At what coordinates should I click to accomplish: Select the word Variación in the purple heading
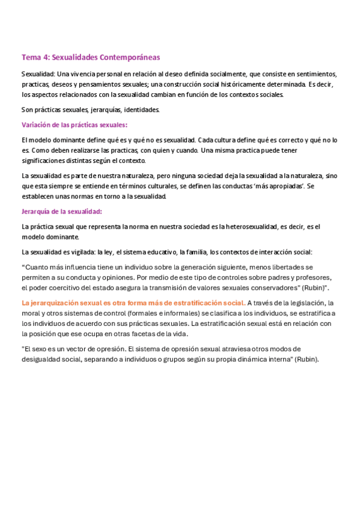(x=37, y=125)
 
